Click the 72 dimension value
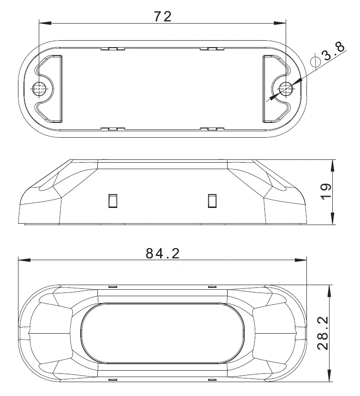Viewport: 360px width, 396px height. [x=163, y=17]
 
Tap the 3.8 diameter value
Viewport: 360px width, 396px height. [x=334, y=51]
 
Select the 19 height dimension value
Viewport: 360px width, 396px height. [x=326, y=192]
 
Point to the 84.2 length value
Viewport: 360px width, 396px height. [x=163, y=253]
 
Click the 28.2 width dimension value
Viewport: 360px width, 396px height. [x=323, y=333]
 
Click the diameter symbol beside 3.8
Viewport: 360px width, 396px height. [x=315, y=61]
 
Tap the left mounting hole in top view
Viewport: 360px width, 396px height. [x=40, y=89]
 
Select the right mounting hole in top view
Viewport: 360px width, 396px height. [x=286, y=89]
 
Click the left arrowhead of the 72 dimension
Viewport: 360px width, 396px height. [x=45, y=23]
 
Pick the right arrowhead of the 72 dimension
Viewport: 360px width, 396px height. [x=280, y=23]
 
